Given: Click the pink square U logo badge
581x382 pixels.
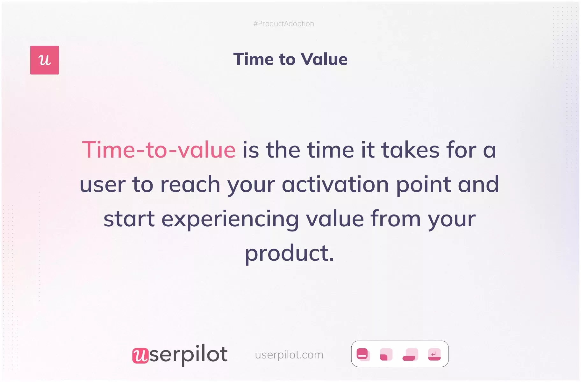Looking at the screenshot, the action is coord(45,60).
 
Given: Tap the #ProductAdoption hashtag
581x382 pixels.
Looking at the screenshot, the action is coord(284,24).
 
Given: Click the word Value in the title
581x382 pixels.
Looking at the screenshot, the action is coord(324,59).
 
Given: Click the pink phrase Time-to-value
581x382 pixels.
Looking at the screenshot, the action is coord(159,150).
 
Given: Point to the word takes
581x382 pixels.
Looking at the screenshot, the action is coord(411,150).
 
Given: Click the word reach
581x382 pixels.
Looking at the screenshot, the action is coord(190,184).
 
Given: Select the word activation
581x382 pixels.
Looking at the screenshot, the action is coord(335,184).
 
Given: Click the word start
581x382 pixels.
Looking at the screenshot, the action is coord(129,219).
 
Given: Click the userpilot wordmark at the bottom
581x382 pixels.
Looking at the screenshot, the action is coord(180,354).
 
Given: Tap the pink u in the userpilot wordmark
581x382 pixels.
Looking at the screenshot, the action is coord(140,355).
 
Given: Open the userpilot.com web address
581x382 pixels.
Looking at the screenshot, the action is coord(289,355).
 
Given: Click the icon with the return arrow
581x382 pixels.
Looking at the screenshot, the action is coord(434,354).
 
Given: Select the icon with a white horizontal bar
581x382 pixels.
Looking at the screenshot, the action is coord(363,354).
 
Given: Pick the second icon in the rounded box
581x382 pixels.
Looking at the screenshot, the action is coord(386,354).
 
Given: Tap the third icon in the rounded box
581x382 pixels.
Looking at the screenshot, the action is coord(410,354).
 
